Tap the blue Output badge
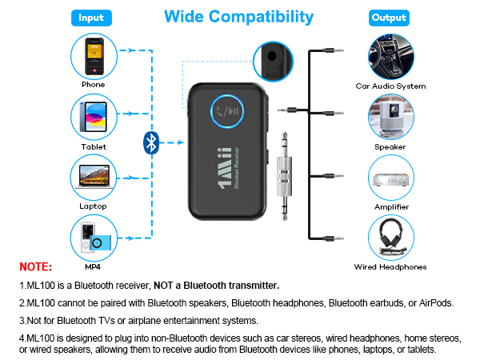pyautogui.click(x=390, y=17)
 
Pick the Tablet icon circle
pyautogui.click(x=93, y=117)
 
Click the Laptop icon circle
pyautogui.click(x=93, y=176)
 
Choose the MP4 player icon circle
pyautogui.click(x=93, y=237)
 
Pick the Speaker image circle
pyautogui.click(x=390, y=117)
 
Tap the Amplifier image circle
pyautogui.click(x=390, y=176)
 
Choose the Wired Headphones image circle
pyautogui.click(x=390, y=237)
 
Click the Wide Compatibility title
pyautogui.click(x=238, y=16)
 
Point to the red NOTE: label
pyautogui.click(x=36, y=267)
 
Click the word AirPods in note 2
pyautogui.click(x=436, y=303)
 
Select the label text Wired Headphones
pyautogui.click(x=390, y=267)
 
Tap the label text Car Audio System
pyautogui.click(x=390, y=86)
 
